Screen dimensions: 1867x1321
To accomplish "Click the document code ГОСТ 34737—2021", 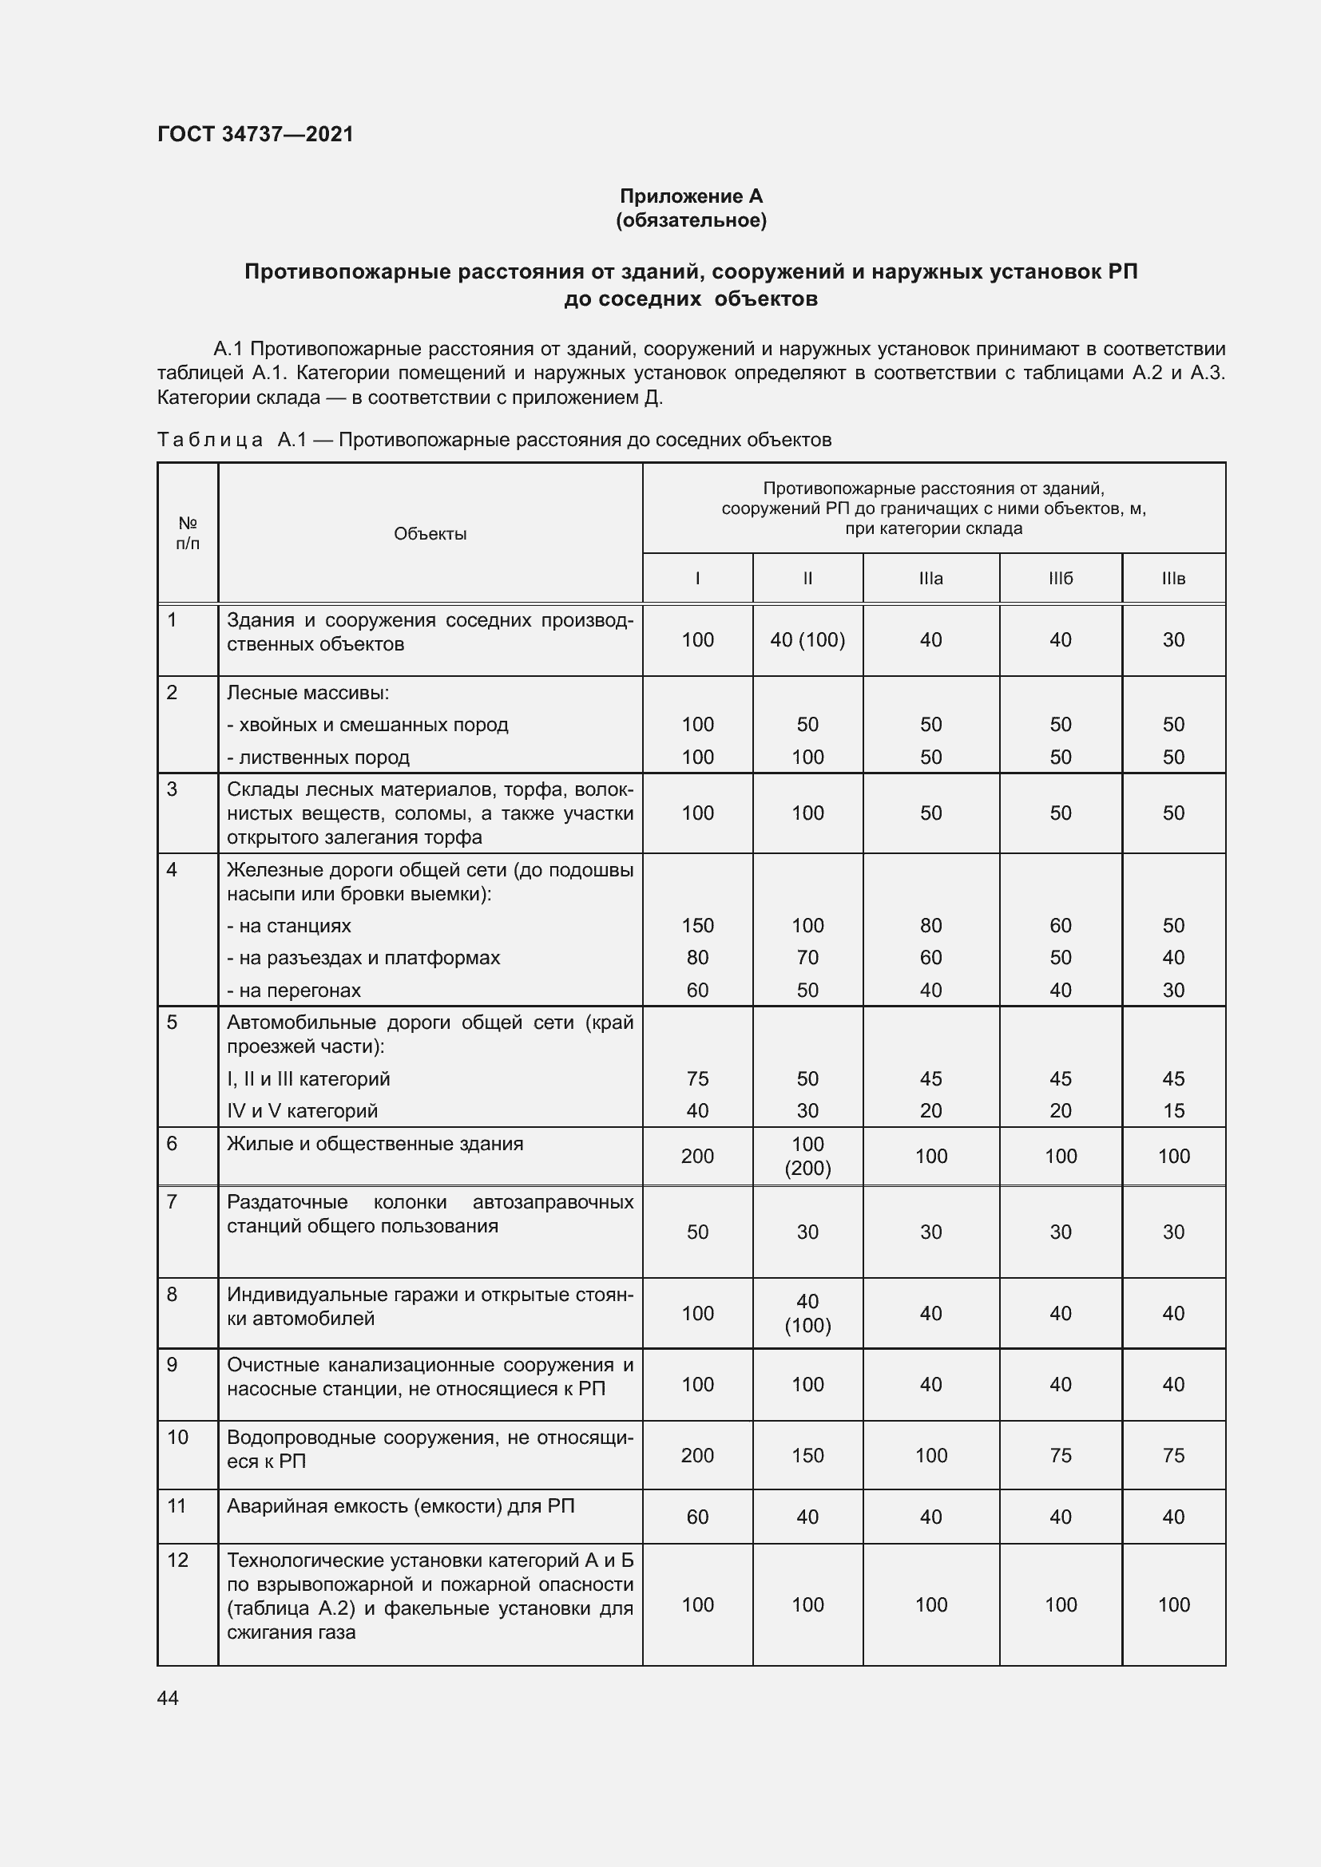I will coord(256,134).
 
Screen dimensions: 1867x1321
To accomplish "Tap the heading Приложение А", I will coord(691,196).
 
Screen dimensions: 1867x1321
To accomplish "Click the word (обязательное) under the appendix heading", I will coord(691,220).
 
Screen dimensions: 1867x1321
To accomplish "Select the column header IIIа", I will coord(930,578).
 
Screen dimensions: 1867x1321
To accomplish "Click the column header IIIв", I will coord(1173,578).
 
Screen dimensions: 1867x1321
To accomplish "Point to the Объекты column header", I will coord(430,533).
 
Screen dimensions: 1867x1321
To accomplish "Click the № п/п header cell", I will coord(188,532).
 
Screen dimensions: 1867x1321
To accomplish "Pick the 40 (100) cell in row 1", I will coord(807,640).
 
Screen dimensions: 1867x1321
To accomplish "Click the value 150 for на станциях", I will coord(697,925).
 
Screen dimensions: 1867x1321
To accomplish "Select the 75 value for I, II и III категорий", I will coord(697,1078).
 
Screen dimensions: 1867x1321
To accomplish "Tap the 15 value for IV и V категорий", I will coord(1173,1111).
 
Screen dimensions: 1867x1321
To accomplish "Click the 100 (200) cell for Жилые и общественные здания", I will coord(807,1156).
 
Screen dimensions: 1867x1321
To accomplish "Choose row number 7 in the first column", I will coord(172,1202).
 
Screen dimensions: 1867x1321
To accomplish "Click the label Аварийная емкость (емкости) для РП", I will coord(400,1506).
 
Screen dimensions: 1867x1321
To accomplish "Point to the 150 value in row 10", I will coord(807,1455).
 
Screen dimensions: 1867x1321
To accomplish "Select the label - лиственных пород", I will coord(318,757).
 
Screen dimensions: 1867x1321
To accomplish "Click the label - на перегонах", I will coord(294,991).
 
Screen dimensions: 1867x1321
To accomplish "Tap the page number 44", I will coord(168,1698).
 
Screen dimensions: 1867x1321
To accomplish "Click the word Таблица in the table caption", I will coord(209,440).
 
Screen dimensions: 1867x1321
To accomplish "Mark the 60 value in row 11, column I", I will coord(697,1517).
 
